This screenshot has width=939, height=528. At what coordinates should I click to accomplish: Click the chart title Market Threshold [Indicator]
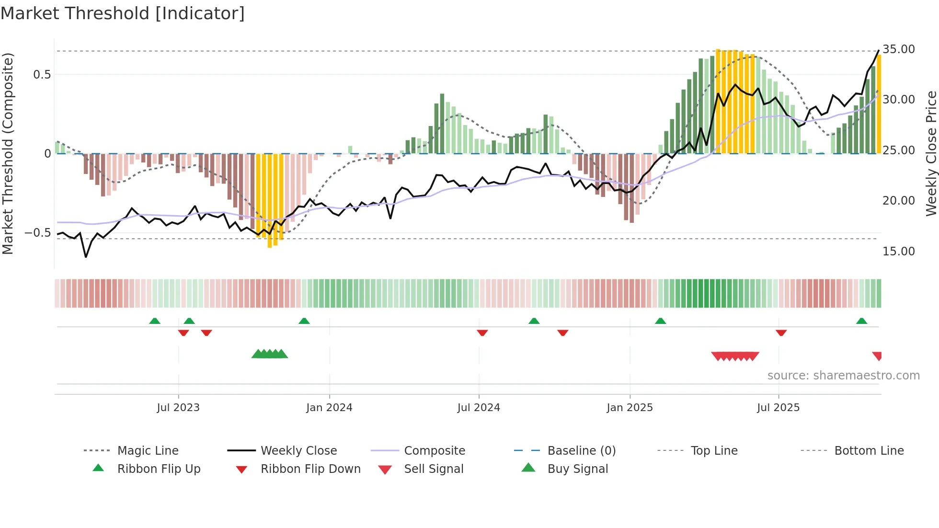point(123,13)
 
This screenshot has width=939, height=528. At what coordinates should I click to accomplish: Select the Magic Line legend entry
point(148,450)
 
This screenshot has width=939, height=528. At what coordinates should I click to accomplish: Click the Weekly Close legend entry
point(298,450)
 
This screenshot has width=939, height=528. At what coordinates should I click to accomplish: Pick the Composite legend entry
point(434,450)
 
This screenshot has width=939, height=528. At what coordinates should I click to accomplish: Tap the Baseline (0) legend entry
point(581,450)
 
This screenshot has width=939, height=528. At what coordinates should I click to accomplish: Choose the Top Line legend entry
point(714,450)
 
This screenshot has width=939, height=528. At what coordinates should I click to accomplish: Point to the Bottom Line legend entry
point(869,450)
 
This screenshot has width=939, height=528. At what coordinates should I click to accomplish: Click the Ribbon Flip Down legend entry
point(310,469)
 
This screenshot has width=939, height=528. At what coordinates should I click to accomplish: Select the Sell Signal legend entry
point(433,469)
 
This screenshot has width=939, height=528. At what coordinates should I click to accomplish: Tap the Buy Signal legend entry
point(577,469)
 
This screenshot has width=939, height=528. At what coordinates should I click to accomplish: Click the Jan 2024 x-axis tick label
point(329,408)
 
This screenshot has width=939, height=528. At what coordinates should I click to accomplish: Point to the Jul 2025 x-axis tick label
point(778,408)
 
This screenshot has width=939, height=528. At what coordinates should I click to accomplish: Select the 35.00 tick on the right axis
point(898,49)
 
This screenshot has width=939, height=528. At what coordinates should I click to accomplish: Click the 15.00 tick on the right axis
point(898,251)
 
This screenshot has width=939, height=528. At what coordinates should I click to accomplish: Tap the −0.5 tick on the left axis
point(37,233)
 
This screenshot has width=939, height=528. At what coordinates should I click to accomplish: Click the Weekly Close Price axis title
point(931,153)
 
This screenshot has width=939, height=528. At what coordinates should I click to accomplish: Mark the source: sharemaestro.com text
point(843,375)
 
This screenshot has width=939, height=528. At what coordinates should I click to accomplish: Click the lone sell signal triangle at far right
point(877,356)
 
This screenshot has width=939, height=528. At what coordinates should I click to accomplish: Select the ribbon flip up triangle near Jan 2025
point(660,321)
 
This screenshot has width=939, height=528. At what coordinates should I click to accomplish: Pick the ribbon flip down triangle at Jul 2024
point(482,333)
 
